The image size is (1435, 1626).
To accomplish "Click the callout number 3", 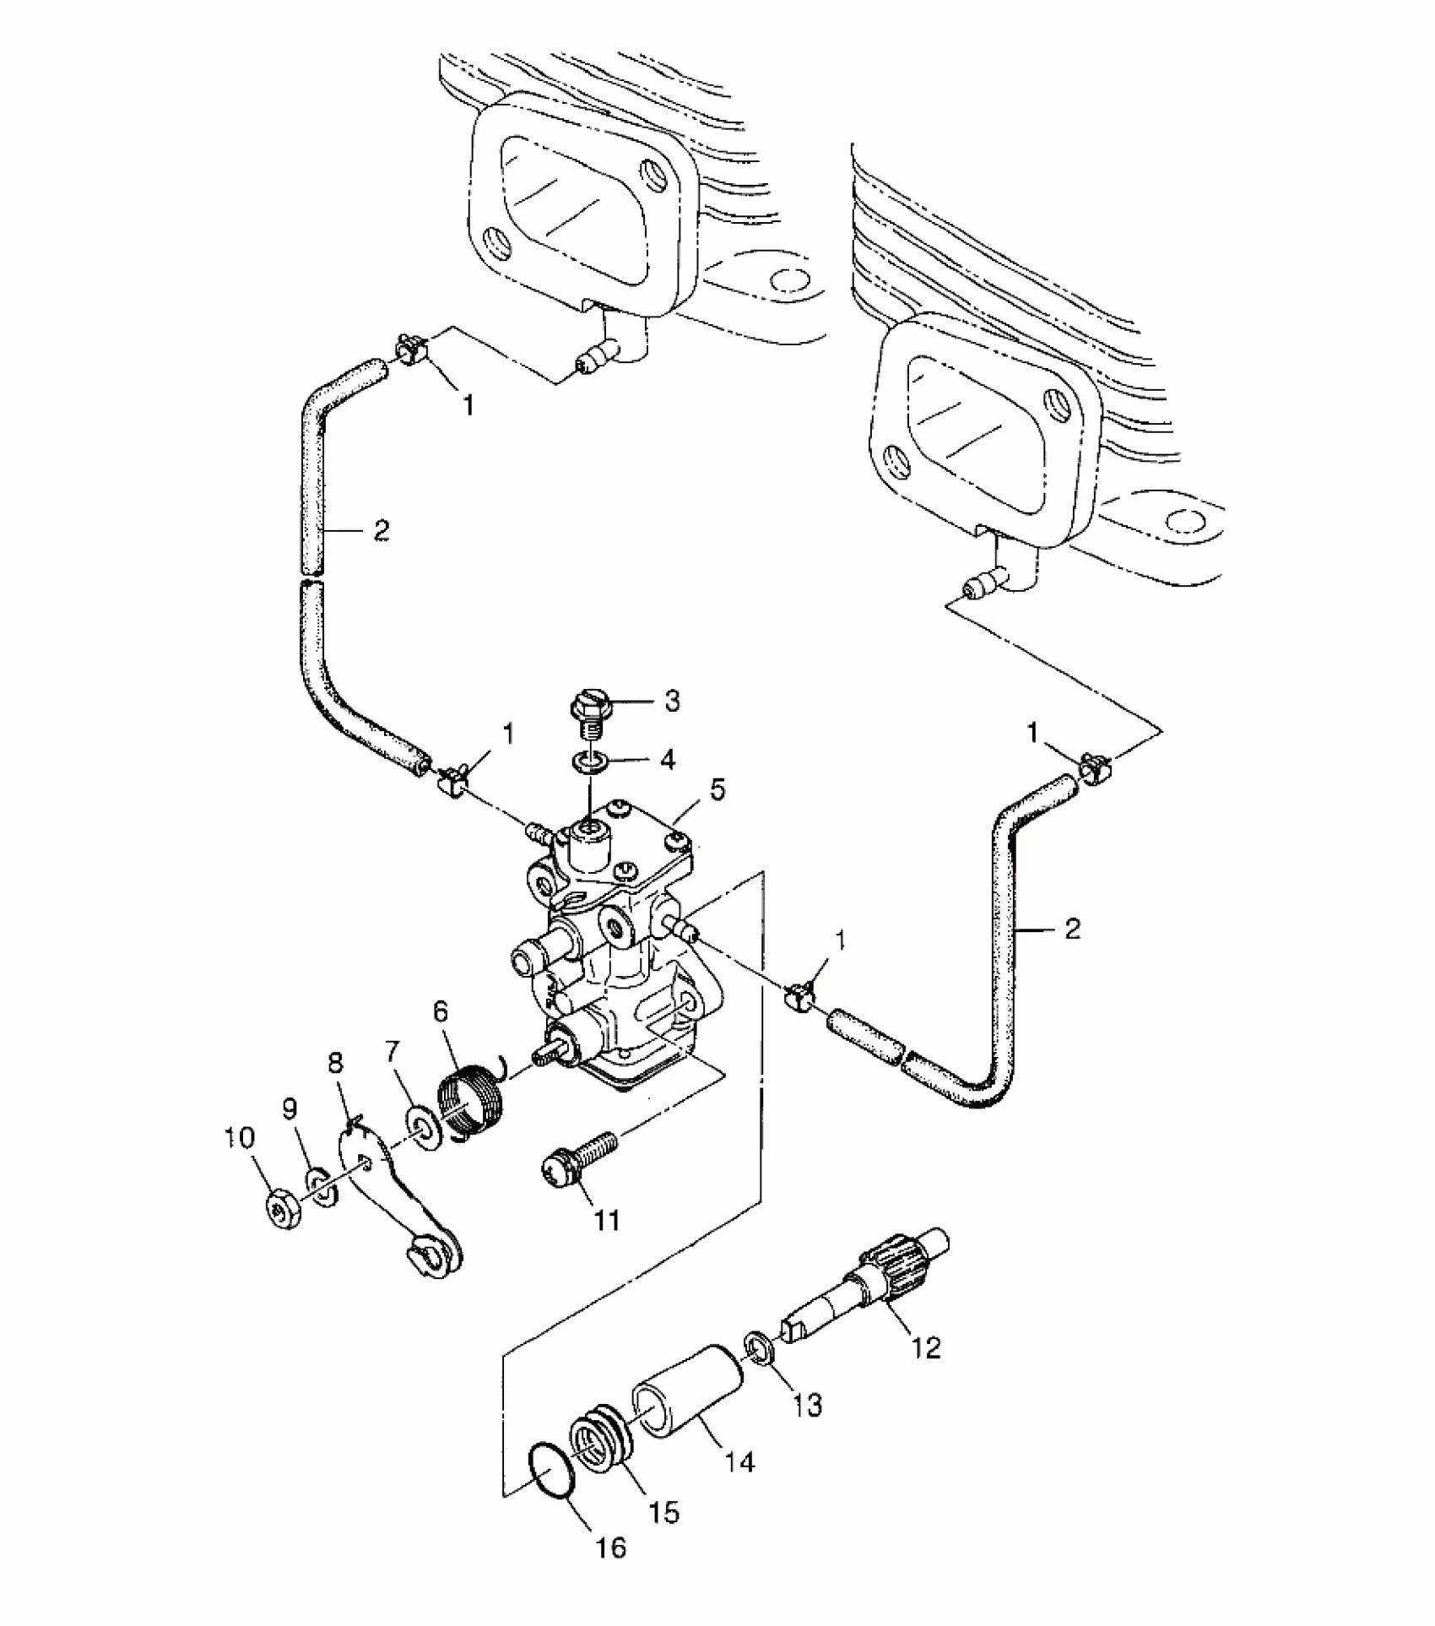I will [672, 702].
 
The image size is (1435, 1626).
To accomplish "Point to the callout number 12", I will [926, 1347].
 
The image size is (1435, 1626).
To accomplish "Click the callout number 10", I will [239, 1139].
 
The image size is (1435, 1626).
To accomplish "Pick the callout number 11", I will [606, 1220].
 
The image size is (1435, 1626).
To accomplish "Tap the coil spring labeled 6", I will [470, 1101].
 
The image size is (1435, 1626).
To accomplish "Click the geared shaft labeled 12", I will [869, 1291].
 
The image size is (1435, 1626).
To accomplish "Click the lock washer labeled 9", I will [319, 1188].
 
